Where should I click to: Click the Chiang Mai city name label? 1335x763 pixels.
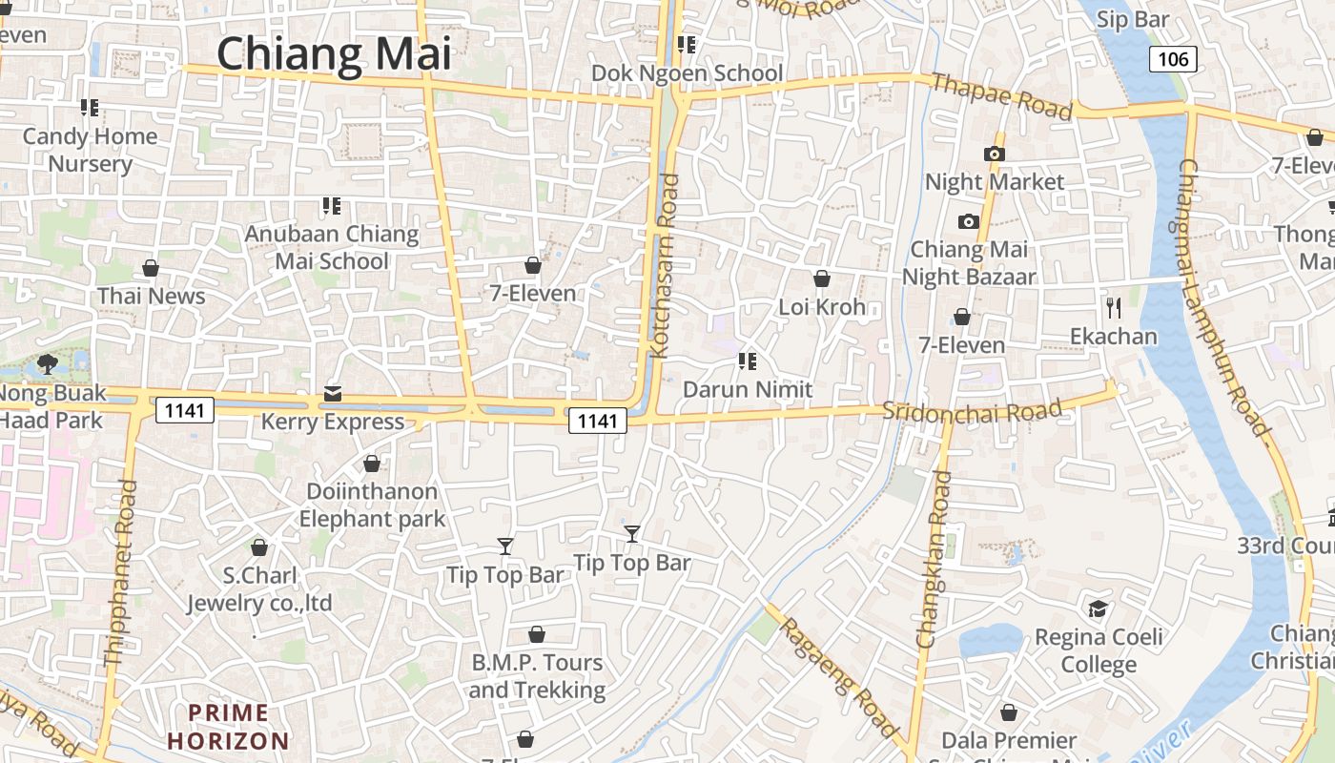[334, 54]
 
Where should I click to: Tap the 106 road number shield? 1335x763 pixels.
[1172, 59]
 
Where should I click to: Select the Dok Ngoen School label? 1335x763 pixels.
[687, 73]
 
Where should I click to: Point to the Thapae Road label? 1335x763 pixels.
[1002, 96]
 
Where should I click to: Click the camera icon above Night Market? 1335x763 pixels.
[994, 154]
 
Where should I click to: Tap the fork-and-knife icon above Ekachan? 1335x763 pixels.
[1113, 307]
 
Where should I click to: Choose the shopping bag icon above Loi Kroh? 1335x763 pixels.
[821, 278]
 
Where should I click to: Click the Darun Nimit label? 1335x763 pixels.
[748, 389]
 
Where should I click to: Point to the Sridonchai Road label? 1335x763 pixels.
[972, 412]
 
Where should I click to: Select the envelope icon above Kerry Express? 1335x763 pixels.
[332, 393]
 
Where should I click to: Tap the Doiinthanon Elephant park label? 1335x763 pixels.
[372, 505]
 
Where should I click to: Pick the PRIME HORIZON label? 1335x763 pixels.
[228, 727]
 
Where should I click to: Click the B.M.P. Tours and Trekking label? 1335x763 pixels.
[538, 676]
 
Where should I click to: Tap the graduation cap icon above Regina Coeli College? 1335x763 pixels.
[1098, 608]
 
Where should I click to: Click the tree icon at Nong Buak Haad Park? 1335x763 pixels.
[47, 363]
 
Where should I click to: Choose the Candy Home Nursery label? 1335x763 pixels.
[90, 150]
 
